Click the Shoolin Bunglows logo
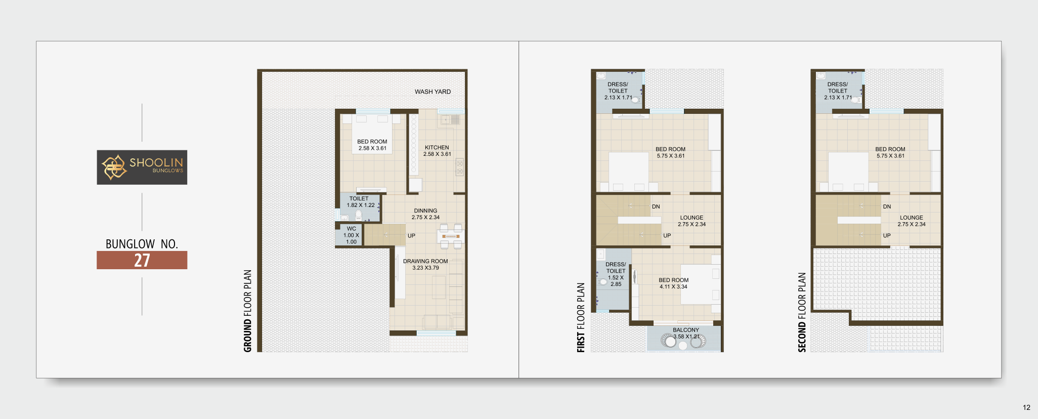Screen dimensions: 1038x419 [x=142, y=167]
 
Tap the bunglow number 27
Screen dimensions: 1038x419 [x=142, y=260]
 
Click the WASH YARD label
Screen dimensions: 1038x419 [x=433, y=92]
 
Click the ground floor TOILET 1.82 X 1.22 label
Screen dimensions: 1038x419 [x=361, y=202]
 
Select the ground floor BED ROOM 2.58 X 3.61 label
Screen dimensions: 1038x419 [x=372, y=145]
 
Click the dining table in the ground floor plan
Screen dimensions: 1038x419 [x=450, y=236]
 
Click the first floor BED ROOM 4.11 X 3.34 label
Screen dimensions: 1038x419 [x=673, y=283]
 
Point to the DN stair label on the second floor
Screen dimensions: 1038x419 [x=887, y=206]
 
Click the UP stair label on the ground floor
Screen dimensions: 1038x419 [x=411, y=236]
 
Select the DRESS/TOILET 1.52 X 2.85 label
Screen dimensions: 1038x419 [x=616, y=274]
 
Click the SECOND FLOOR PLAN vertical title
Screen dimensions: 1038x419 [x=802, y=312]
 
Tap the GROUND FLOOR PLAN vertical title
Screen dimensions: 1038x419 [x=247, y=311]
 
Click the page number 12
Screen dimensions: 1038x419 [x=1026, y=407]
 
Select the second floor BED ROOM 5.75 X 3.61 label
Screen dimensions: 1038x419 [x=890, y=152]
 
